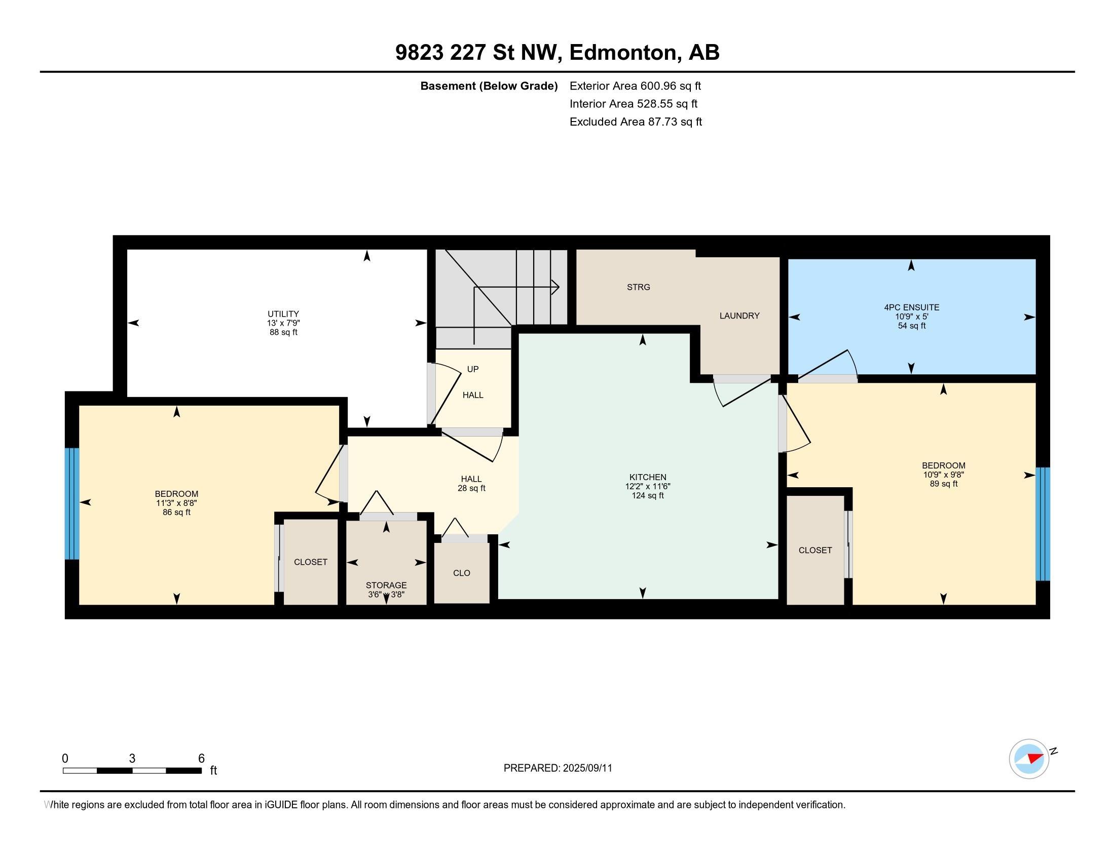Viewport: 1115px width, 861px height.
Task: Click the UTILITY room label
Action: pyautogui.click(x=283, y=314)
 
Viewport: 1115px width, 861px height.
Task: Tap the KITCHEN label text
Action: pyautogui.click(x=647, y=478)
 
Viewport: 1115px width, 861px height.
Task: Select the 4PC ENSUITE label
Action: pyautogui.click(x=911, y=307)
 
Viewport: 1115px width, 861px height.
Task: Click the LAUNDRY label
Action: pyautogui.click(x=739, y=316)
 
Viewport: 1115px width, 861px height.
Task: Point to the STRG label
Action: pyautogui.click(x=638, y=287)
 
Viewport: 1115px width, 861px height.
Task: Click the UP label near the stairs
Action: pyautogui.click(x=473, y=369)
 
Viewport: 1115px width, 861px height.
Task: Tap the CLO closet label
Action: pyautogui.click(x=462, y=573)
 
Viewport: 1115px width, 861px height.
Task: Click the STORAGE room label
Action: pyautogui.click(x=386, y=585)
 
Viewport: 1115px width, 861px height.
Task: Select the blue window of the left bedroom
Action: pyautogui.click(x=72, y=503)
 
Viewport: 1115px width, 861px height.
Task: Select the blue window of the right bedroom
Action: pyautogui.click(x=1043, y=524)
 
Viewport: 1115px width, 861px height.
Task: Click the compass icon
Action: pyautogui.click(x=1029, y=759)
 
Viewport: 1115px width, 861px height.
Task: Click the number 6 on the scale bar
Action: pyautogui.click(x=201, y=759)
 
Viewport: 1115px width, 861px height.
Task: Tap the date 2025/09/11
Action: pyautogui.click(x=587, y=768)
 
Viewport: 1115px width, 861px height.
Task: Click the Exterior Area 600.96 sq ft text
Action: pyautogui.click(x=635, y=86)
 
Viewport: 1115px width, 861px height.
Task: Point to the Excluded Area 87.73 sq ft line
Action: pyautogui.click(x=636, y=122)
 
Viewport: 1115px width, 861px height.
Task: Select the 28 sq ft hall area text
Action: pyautogui.click(x=471, y=488)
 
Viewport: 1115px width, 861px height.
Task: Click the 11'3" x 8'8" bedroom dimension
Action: pyautogui.click(x=177, y=503)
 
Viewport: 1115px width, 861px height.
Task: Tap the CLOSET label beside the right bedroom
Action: pyautogui.click(x=815, y=551)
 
